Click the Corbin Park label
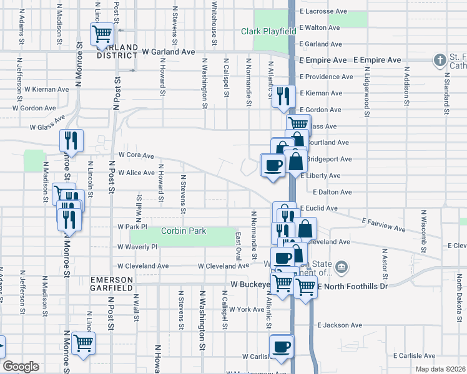(x=183, y=231)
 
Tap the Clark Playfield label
(x=268, y=31)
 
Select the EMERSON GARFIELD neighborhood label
(x=112, y=284)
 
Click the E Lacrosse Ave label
(x=323, y=11)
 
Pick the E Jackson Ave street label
(x=339, y=325)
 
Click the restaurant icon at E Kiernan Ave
(x=284, y=95)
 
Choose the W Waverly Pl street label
(x=137, y=247)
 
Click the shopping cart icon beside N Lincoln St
(x=83, y=342)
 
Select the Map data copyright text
(x=441, y=367)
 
